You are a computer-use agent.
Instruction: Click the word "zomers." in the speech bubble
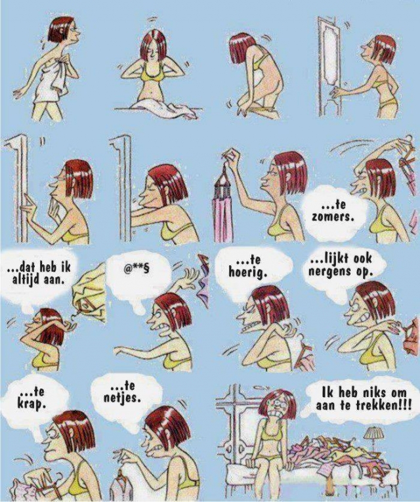333,217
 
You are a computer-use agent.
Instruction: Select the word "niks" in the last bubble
364,393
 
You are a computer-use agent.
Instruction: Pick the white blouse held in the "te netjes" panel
123,486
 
